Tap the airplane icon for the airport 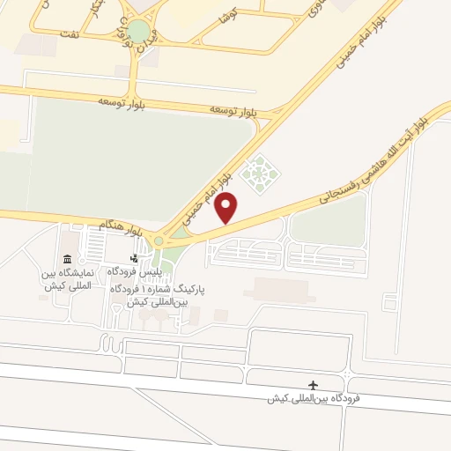click(x=313, y=385)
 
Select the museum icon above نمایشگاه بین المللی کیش click(x=68, y=258)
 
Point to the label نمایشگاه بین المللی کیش click(x=68, y=279)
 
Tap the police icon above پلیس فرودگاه click(x=134, y=258)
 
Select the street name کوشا click(x=228, y=17)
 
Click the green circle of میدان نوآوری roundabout click(x=138, y=31)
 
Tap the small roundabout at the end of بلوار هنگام click(x=159, y=240)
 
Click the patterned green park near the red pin click(x=259, y=173)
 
